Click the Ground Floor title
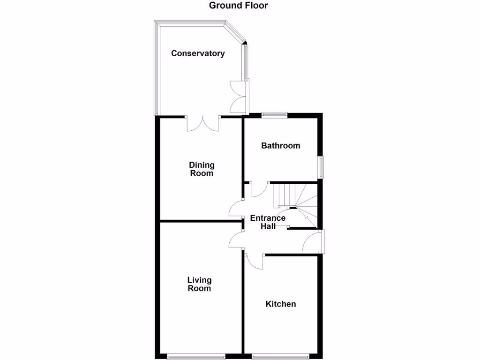238,6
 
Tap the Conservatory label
197,53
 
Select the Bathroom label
280,146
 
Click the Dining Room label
202,169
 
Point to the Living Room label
199,285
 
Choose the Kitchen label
280,304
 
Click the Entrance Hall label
268,222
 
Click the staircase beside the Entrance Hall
295,202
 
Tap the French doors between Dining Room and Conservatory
203,123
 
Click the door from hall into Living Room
236,240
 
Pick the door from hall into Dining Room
236,208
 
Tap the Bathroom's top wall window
274,114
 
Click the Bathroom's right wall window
321,167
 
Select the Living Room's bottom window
196,357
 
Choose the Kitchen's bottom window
280,357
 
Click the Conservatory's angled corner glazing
236,32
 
